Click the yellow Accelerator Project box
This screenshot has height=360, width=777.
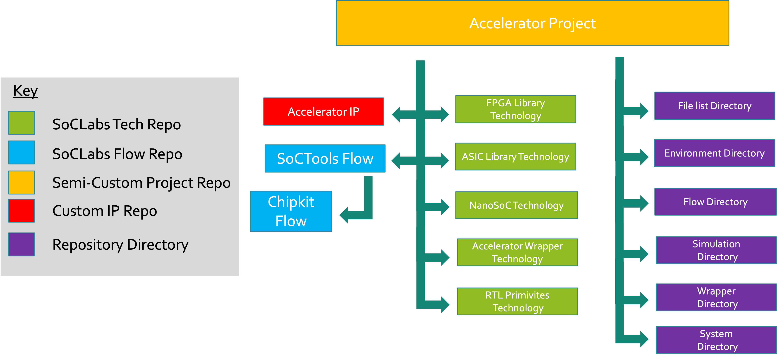(x=532, y=23)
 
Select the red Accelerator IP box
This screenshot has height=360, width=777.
(x=324, y=112)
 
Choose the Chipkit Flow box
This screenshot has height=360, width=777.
(x=291, y=211)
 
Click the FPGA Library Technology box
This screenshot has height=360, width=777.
(x=515, y=109)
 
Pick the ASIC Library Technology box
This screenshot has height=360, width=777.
(x=515, y=157)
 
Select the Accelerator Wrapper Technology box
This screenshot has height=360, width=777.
(x=517, y=252)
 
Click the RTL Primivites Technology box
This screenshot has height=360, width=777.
(x=517, y=301)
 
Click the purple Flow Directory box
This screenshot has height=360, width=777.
(x=715, y=202)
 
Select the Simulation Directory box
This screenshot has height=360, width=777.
(x=716, y=250)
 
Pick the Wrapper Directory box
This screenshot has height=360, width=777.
(x=716, y=297)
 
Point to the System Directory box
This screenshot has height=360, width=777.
(x=716, y=340)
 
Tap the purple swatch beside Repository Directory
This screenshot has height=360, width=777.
(x=21, y=244)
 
